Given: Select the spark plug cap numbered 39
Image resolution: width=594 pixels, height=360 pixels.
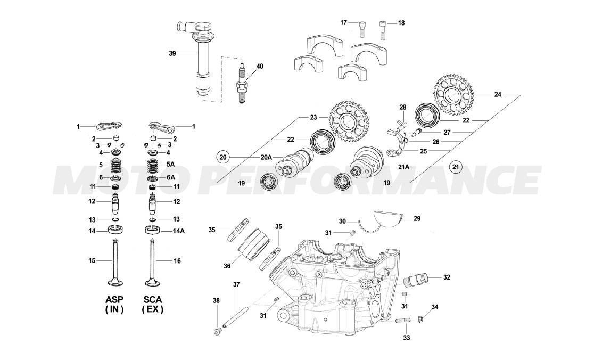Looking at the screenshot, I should tap(202, 59).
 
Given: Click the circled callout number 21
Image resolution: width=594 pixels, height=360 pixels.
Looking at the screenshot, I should tap(455, 167).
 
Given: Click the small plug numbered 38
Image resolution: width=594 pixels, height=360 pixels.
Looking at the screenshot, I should tap(217, 332).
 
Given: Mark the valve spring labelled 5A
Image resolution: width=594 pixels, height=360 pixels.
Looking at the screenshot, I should tap(153, 165).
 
